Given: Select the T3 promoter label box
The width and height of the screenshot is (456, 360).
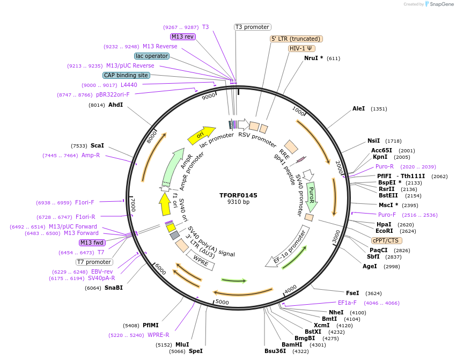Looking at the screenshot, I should click(253, 27).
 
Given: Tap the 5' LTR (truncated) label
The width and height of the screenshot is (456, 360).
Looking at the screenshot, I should click(296, 39).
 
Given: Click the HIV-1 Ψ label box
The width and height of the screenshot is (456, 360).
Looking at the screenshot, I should click(302, 48).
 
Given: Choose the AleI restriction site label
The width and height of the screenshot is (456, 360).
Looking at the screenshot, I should click(358, 108).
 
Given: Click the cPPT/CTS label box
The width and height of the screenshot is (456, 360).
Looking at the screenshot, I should click(386, 240).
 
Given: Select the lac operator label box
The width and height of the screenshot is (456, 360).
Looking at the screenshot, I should click(152, 56).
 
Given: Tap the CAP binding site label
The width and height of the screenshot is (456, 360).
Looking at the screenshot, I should click(126, 76).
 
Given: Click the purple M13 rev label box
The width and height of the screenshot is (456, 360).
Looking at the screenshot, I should click(182, 36).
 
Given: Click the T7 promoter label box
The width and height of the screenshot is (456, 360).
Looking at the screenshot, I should click(94, 262).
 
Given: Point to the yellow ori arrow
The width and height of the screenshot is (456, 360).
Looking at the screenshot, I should click(201, 135).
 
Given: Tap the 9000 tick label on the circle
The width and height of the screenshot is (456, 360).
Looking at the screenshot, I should click(208, 97).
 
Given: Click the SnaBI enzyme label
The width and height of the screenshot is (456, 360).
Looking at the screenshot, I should click(114, 288).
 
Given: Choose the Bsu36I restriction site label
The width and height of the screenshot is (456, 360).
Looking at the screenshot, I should click(275, 351).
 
